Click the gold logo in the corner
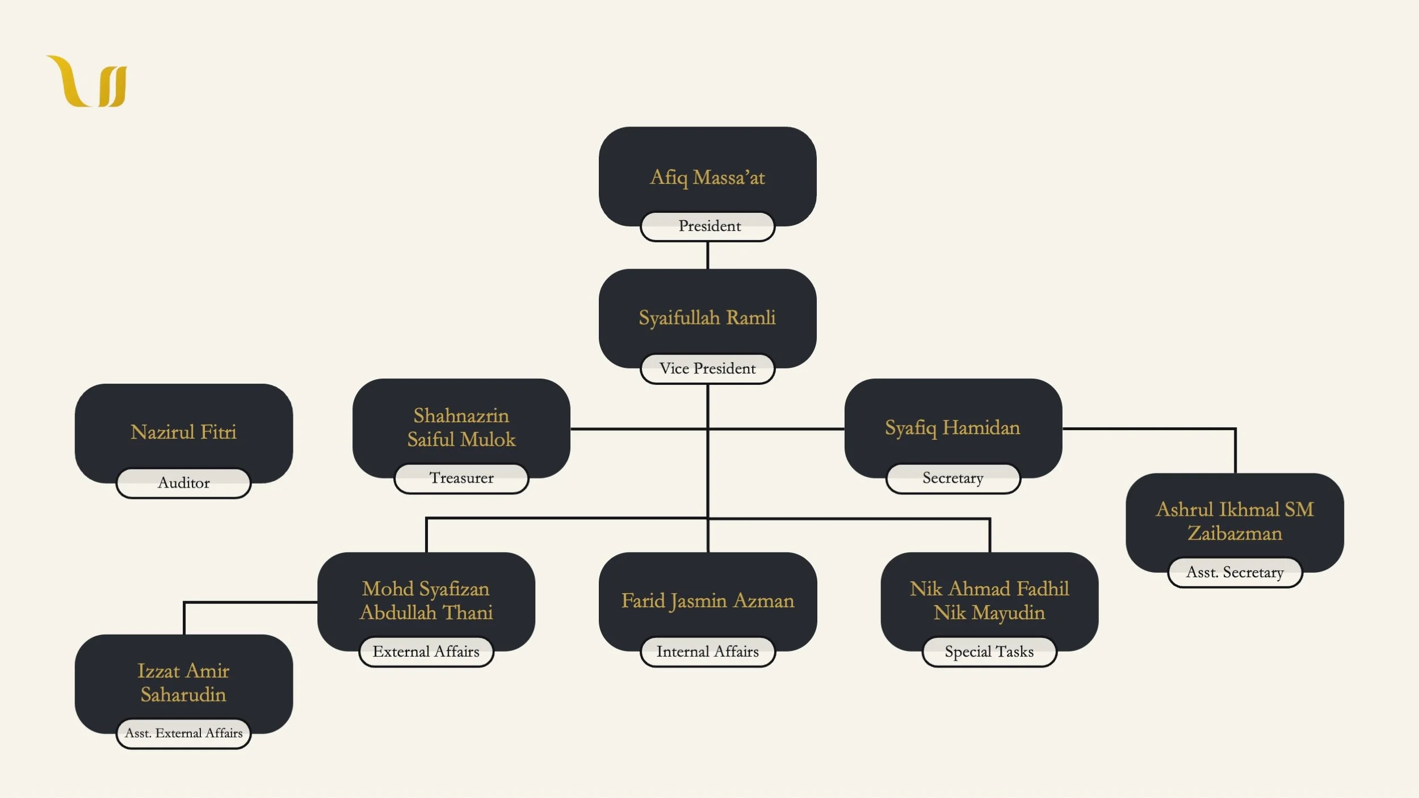pos(87,81)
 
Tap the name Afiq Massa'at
pos(707,178)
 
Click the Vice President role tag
pos(707,369)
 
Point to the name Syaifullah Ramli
pos(707,318)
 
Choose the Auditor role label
pos(183,483)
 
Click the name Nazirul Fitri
pos(183,432)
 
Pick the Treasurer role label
pos(461,478)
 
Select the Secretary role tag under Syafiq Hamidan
pos(953,478)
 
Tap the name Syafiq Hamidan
pos(952,428)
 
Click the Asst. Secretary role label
pos(1235,573)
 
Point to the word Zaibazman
pos(1235,534)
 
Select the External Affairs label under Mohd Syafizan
pos(426,652)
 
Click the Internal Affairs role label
pos(707,652)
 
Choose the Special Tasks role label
pos(989,652)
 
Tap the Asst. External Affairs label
pos(183,733)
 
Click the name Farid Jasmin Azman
pos(707,601)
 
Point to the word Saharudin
pos(183,695)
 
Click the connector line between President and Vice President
pos(707,255)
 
